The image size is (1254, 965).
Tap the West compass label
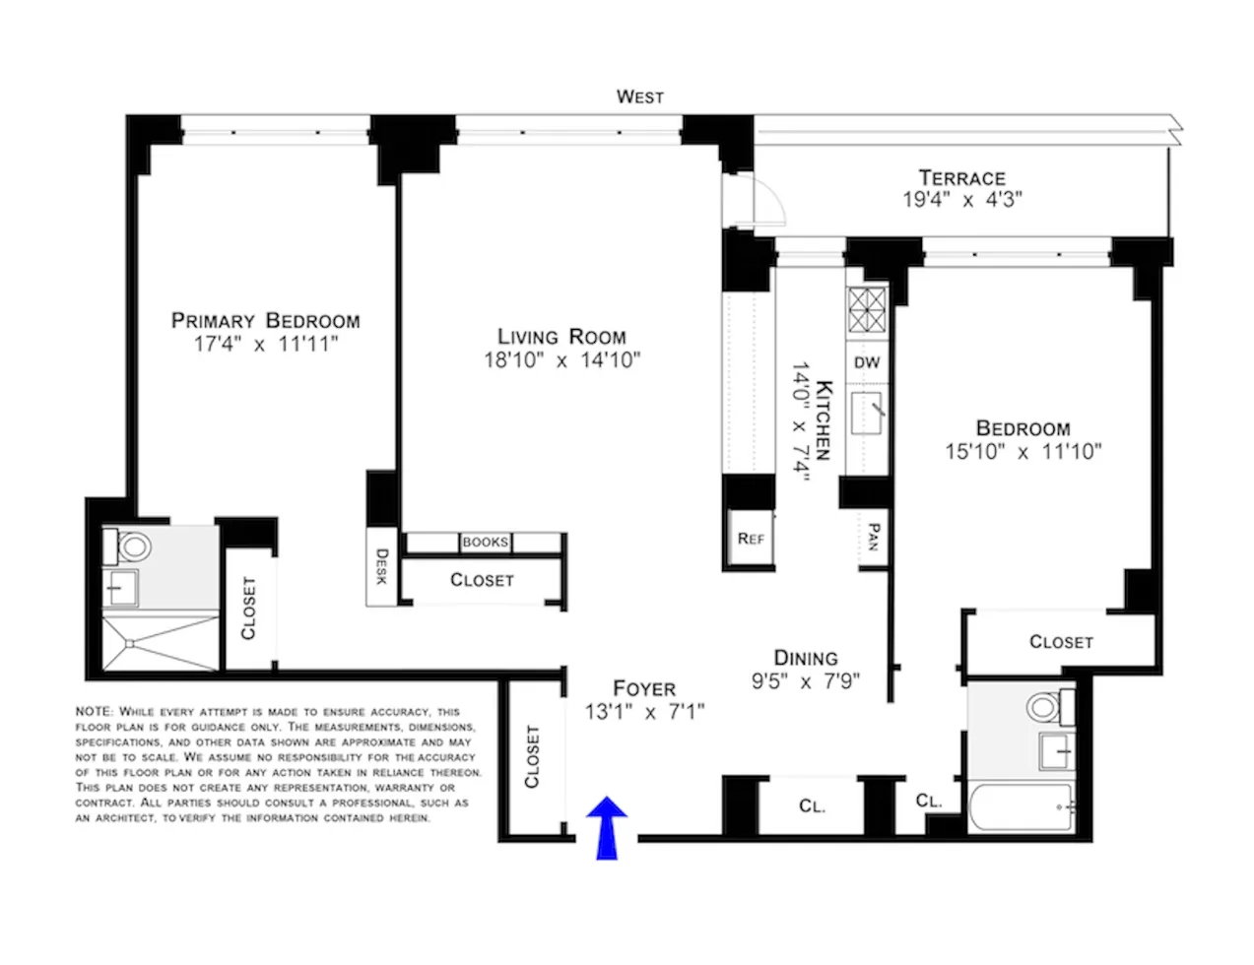click(639, 96)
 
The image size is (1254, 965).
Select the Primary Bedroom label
click(265, 321)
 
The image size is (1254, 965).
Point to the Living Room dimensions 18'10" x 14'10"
click(561, 360)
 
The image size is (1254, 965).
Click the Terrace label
click(961, 178)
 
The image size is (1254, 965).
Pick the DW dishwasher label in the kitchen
click(867, 363)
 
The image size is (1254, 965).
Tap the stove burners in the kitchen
click(867, 311)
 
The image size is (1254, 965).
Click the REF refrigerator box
click(751, 539)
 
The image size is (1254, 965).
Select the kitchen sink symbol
click(869, 412)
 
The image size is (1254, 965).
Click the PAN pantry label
click(873, 537)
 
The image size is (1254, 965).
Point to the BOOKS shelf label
click(486, 543)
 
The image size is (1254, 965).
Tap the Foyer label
click(644, 689)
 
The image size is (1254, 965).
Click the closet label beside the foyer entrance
click(532, 756)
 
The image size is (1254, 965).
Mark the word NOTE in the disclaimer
click(95, 711)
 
